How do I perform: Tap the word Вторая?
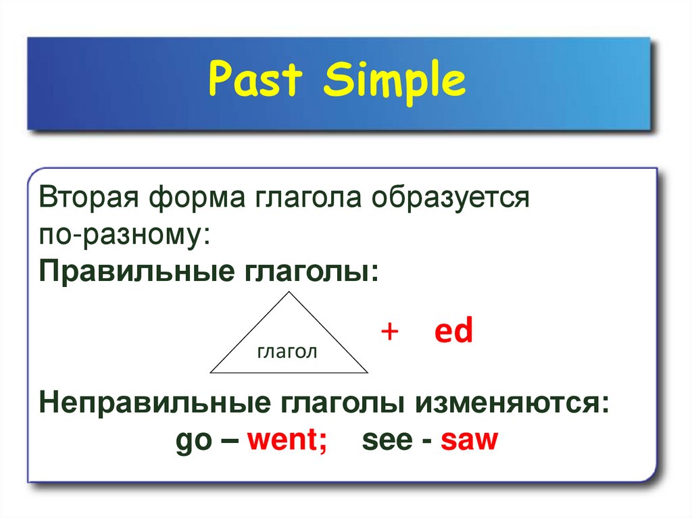[89, 197]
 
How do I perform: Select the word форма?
[197, 197]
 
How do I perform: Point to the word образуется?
[450, 197]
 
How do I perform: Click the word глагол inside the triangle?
[287, 352]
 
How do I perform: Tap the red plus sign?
[390, 331]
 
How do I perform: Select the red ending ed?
[453, 330]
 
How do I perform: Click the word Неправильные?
[155, 403]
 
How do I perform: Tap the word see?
[387, 440]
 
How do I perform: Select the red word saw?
[469, 440]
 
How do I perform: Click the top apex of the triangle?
[289, 292]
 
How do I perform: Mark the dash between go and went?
[229, 440]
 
